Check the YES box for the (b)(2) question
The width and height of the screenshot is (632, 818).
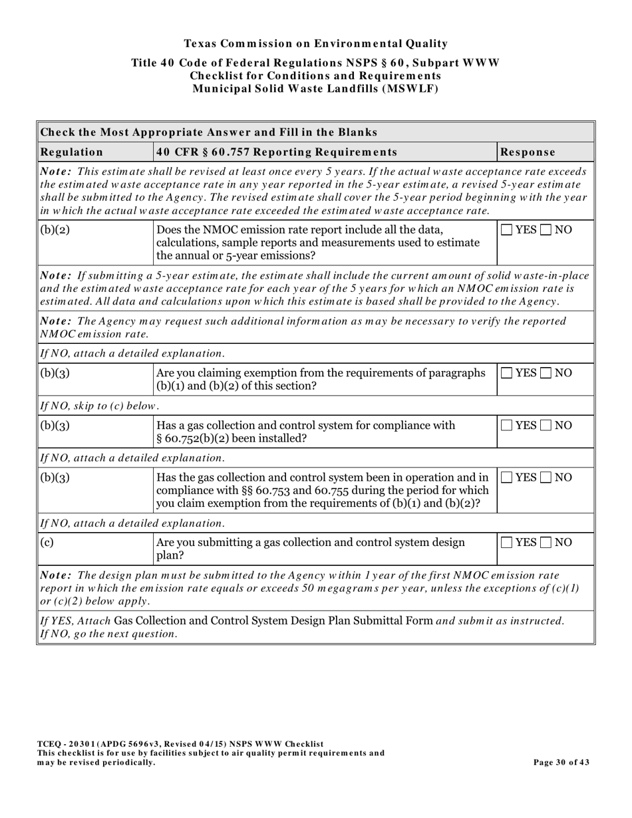(507, 230)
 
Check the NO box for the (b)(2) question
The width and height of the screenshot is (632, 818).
(546, 230)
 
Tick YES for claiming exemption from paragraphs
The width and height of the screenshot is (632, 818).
(507, 374)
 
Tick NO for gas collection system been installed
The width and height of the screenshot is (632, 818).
(546, 426)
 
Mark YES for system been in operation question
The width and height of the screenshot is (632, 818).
(507, 477)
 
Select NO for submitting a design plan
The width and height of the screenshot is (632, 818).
(546, 543)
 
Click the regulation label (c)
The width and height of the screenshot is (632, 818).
(47, 543)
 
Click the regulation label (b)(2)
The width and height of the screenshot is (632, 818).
(55, 230)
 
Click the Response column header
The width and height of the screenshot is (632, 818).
(528, 152)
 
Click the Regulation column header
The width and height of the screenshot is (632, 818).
(73, 152)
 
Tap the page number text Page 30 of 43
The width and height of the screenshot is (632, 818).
(561, 762)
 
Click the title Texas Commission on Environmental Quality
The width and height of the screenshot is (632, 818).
(315, 44)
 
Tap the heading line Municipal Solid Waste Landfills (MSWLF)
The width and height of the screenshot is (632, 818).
(315, 88)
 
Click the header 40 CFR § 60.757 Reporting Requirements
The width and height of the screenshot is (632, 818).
(267, 152)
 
